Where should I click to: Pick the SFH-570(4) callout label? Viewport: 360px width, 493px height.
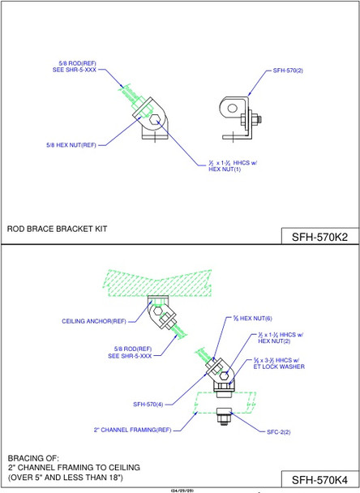(149, 403)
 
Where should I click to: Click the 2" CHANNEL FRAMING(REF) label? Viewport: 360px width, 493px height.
(133, 429)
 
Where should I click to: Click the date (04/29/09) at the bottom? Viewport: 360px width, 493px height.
(179, 490)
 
